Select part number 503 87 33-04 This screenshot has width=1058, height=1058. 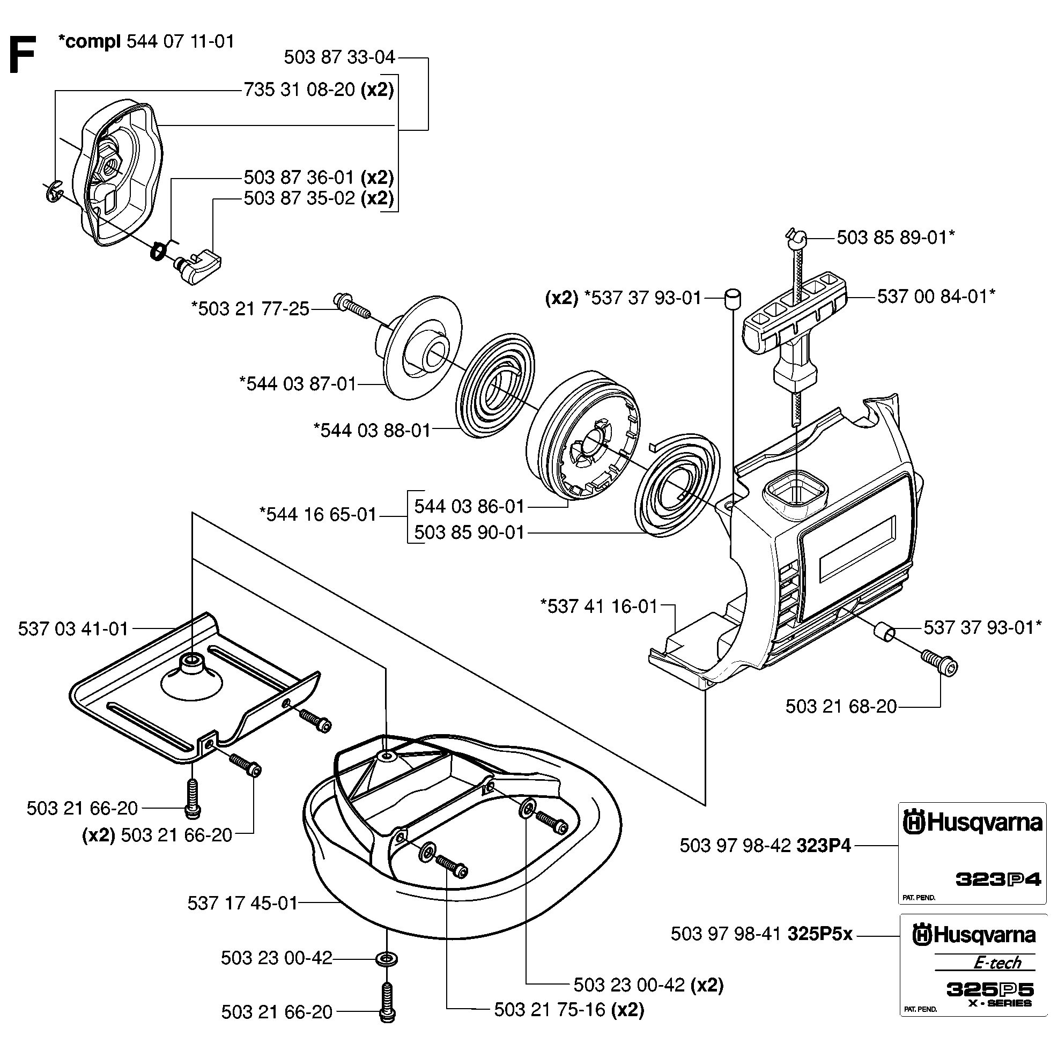pyautogui.click(x=339, y=57)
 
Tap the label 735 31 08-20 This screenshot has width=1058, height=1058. pyautogui.click(x=299, y=90)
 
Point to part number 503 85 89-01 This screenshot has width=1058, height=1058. pyautogui.click(x=891, y=238)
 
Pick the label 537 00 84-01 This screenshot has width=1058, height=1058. pyautogui.click(x=931, y=297)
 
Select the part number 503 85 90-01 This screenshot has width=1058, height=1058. pyautogui.click(x=469, y=532)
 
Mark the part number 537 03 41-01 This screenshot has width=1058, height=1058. pyautogui.click(x=73, y=628)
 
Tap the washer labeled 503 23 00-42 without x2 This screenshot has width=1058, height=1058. pyautogui.click(x=387, y=959)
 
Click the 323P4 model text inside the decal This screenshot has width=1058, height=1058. pyautogui.click(x=998, y=880)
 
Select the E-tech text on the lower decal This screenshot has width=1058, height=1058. pyautogui.click(x=997, y=963)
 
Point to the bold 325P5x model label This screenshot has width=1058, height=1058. pyautogui.click(x=820, y=933)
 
